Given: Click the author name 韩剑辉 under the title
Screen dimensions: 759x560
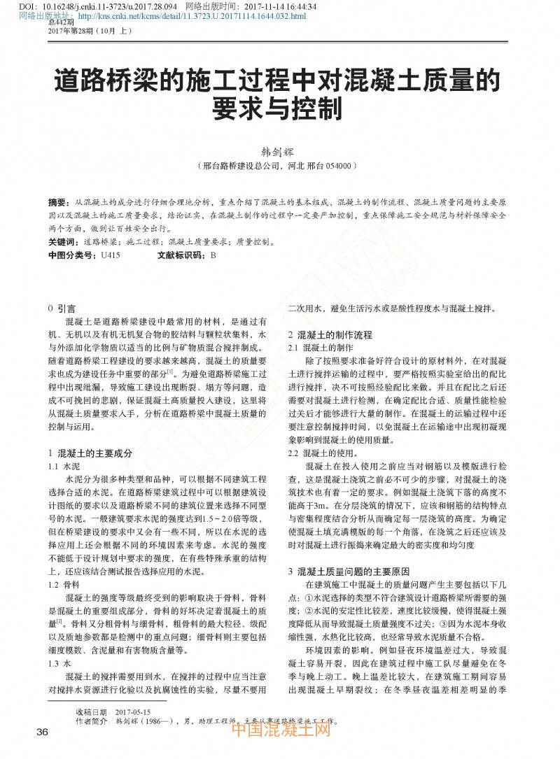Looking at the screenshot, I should point(279,151).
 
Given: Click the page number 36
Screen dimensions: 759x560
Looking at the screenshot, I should point(42,732).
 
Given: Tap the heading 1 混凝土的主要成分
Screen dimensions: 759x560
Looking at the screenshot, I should point(90,453).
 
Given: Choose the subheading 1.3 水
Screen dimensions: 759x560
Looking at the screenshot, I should point(59,663).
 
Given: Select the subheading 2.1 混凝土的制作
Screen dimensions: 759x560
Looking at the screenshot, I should point(321,348).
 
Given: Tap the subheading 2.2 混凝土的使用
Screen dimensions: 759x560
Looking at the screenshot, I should point(324,453).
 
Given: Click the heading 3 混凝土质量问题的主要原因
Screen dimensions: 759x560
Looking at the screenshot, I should point(349,572).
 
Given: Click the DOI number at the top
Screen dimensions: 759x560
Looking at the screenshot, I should point(97,6).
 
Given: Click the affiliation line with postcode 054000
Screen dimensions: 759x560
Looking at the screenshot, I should point(279,166).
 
